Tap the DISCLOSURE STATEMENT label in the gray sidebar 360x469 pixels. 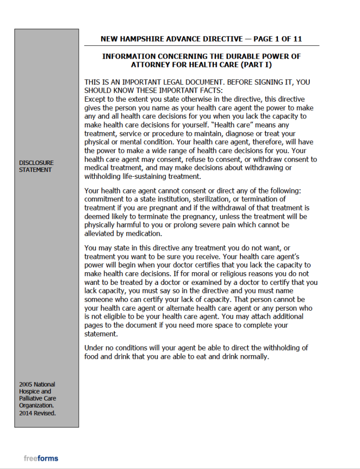click(x=36, y=166)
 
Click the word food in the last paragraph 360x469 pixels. click(x=91, y=357)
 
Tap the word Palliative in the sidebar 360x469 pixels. click(x=31, y=399)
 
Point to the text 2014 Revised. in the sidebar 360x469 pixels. click(x=37, y=413)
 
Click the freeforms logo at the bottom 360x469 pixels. click(x=41, y=458)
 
